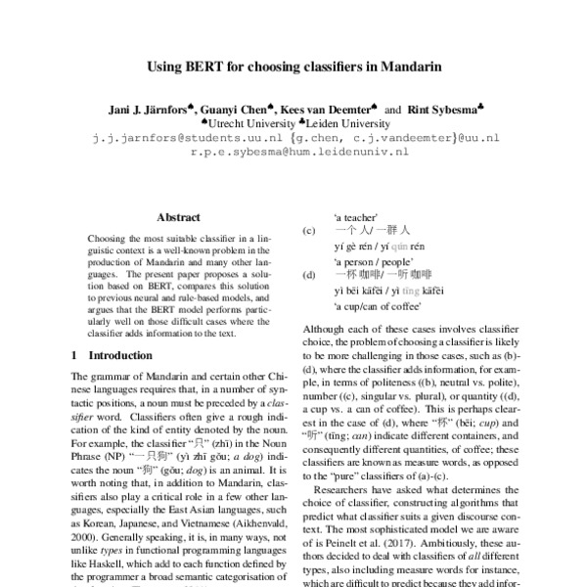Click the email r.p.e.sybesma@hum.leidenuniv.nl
[x=299, y=154]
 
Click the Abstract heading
[x=177, y=217]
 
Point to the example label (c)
[x=309, y=231]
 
